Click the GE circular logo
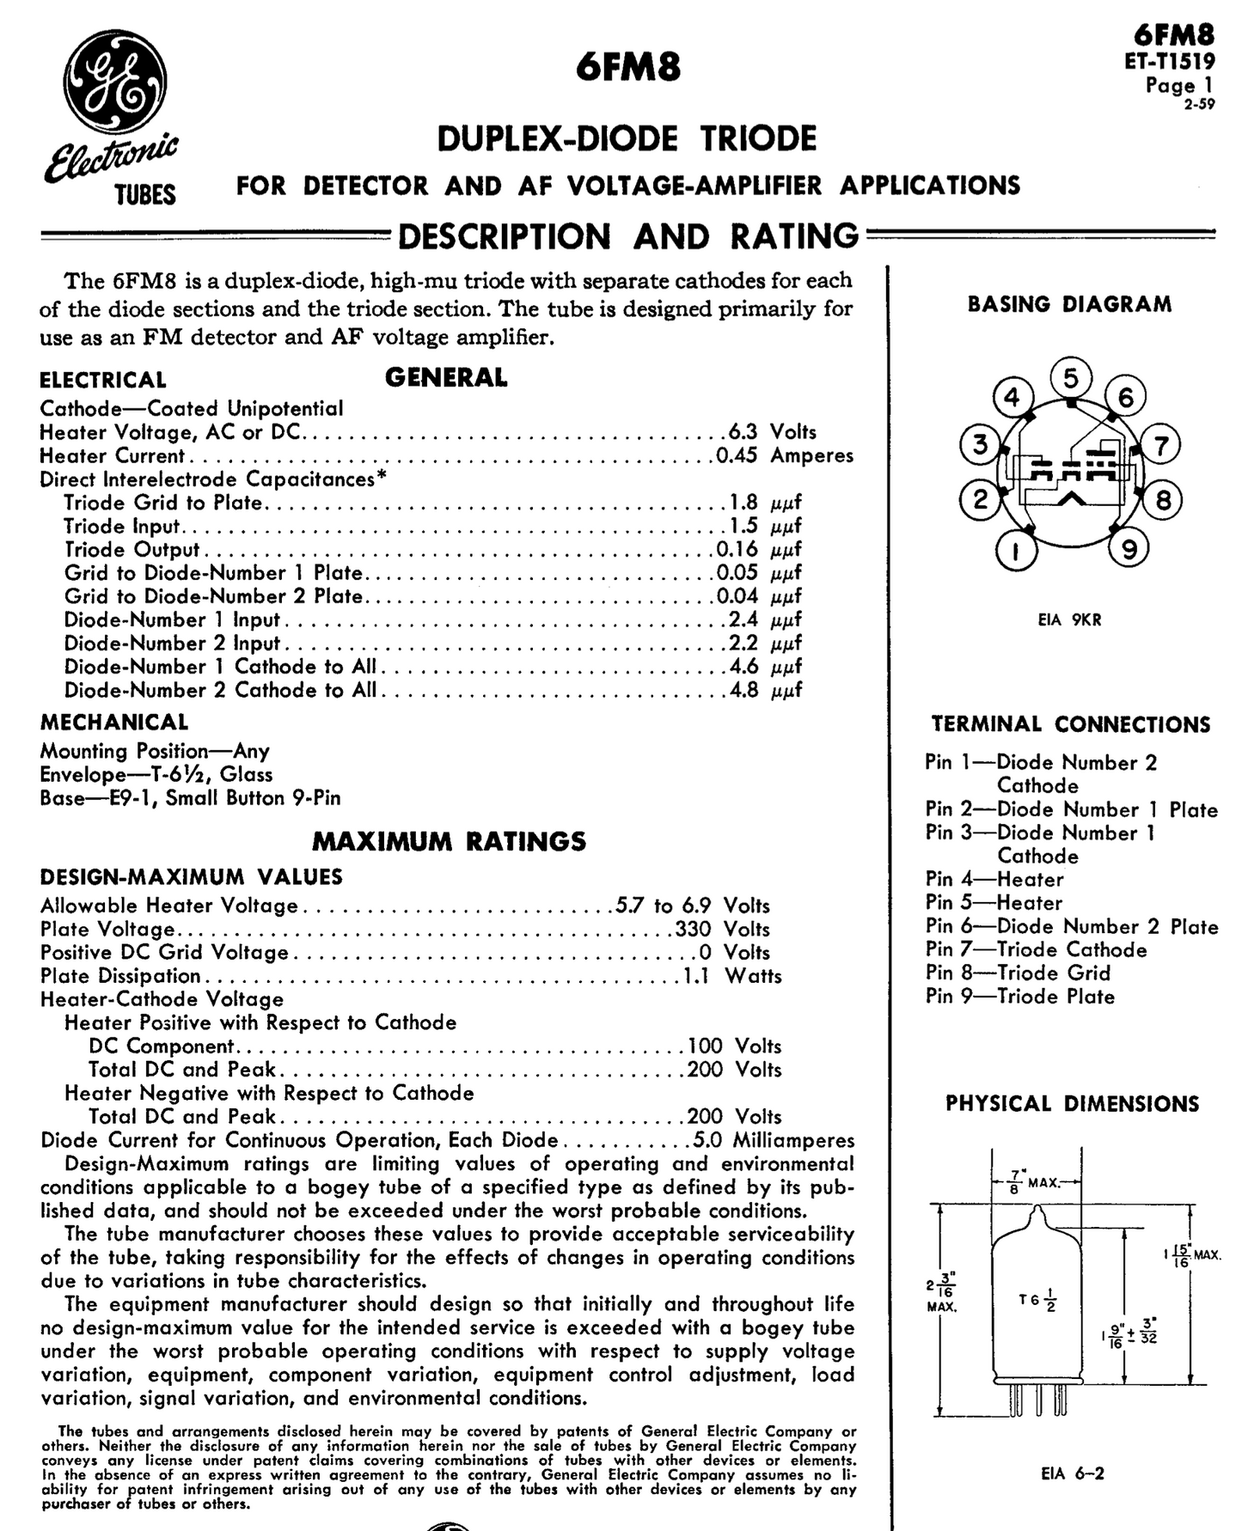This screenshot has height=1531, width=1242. (114, 84)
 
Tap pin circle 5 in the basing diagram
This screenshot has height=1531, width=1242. (1070, 378)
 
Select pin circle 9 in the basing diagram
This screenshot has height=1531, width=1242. (1129, 549)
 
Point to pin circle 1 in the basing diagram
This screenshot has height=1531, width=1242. (1016, 551)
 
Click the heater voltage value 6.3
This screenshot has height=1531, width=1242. (743, 432)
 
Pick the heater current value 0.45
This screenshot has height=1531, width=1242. (737, 455)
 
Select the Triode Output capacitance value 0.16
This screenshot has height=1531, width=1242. (737, 550)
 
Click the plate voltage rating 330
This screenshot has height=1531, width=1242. (693, 930)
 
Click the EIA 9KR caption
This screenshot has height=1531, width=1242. (1069, 619)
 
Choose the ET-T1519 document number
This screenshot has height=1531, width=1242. (1170, 61)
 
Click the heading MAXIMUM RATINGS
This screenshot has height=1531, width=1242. (449, 841)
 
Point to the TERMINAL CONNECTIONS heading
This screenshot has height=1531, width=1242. (1070, 724)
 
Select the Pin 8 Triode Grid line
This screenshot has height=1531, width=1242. (1018, 973)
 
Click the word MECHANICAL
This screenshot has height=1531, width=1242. (114, 723)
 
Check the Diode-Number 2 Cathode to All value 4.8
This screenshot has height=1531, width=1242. (743, 691)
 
